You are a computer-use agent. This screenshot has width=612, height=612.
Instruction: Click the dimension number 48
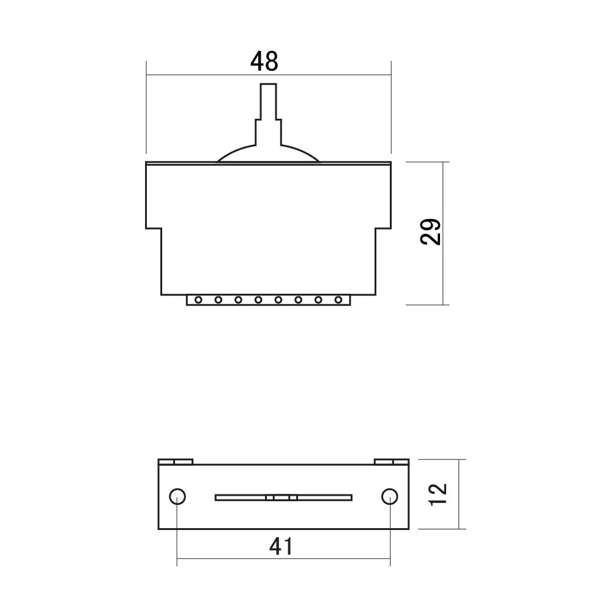(x=264, y=61)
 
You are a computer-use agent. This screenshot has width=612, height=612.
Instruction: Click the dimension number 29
(x=430, y=232)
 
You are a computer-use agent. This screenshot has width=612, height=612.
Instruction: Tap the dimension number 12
(x=438, y=494)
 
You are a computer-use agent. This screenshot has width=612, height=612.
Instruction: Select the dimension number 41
(x=281, y=547)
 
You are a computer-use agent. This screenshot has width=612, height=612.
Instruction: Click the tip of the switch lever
(x=269, y=84)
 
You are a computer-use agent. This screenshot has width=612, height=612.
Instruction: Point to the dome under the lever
(x=268, y=154)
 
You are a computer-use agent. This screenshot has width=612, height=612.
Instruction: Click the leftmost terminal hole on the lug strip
(x=198, y=300)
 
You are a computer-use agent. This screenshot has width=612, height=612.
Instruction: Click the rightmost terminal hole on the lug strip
(x=338, y=300)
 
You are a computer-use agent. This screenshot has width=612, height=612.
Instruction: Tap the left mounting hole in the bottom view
(x=177, y=497)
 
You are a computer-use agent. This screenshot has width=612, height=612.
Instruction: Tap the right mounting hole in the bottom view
(x=389, y=497)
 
